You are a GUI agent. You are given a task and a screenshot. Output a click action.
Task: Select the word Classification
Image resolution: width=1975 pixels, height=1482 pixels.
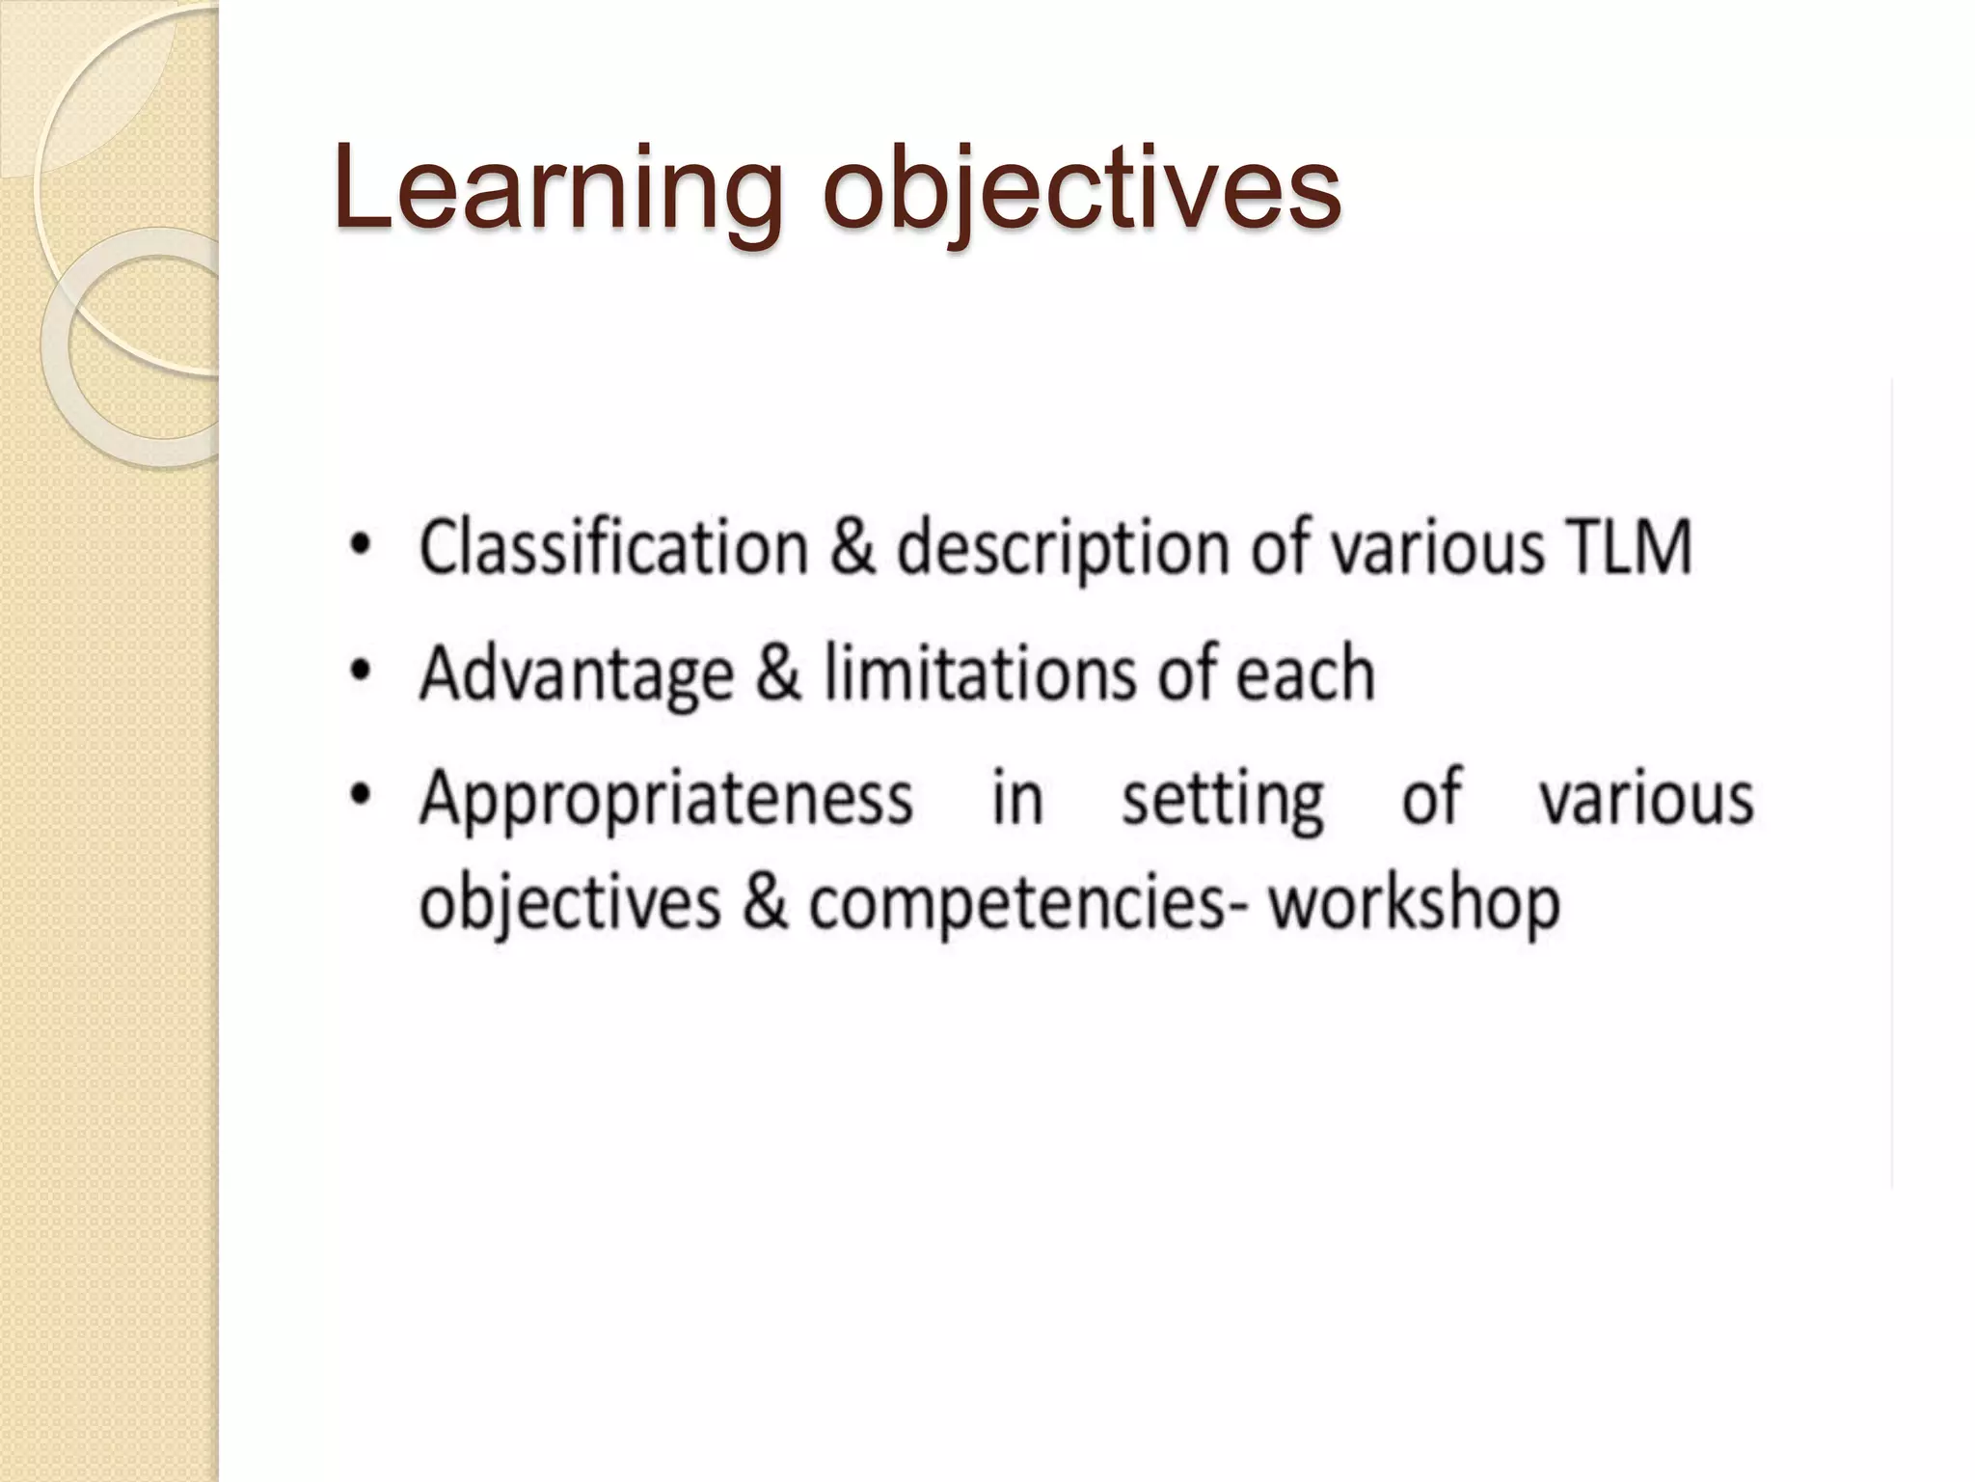613,548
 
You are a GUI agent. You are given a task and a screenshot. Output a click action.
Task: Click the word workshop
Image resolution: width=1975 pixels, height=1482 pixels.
1414,905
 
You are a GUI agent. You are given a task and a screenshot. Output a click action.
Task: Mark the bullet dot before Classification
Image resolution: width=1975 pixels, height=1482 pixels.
360,546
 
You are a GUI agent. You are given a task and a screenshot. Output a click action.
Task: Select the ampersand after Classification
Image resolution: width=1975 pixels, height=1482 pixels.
852,548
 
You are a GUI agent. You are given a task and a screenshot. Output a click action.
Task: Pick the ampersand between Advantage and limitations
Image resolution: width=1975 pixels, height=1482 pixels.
778,672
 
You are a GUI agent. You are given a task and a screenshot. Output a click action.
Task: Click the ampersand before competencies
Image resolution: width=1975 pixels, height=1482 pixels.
765,903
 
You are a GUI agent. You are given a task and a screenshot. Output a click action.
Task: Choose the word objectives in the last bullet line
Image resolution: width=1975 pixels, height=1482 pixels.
570,905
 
